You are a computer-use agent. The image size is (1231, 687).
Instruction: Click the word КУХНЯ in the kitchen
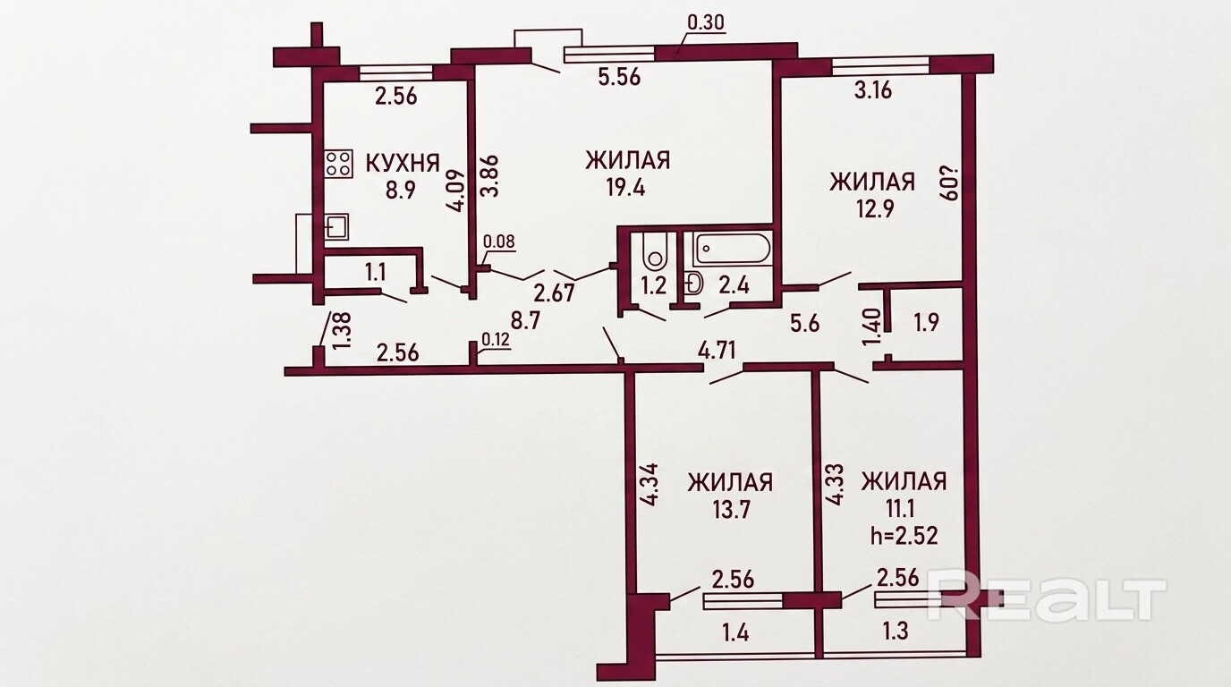click(x=403, y=163)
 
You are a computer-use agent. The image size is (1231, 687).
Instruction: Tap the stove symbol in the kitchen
click(x=338, y=164)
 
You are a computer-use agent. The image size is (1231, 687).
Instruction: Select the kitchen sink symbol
click(x=335, y=227)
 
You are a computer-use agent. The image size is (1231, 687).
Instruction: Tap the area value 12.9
click(x=871, y=208)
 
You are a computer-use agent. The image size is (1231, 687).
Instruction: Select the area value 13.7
click(x=730, y=510)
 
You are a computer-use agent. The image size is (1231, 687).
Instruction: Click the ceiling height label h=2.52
click(x=904, y=535)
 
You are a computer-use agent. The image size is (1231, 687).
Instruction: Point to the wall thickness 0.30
click(x=706, y=22)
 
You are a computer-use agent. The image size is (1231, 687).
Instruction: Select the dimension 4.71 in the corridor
click(x=717, y=350)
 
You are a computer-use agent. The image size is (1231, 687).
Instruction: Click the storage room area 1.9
click(x=926, y=322)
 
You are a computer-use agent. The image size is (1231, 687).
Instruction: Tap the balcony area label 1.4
click(x=736, y=633)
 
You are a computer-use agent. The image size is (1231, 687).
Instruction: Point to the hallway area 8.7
click(x=525, y=320)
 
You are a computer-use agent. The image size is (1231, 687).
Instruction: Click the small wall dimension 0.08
click(x=498, y=242)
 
